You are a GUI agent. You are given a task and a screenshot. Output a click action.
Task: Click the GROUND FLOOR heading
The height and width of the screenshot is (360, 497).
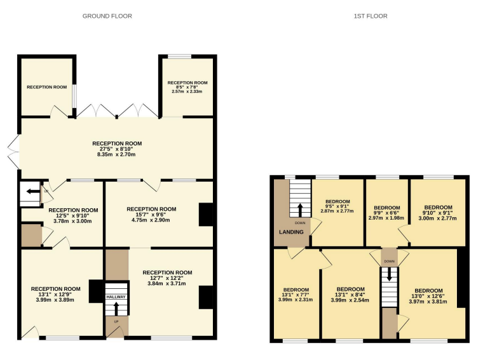107,16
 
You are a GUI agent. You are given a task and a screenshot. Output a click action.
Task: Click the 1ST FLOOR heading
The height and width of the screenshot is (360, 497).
371,16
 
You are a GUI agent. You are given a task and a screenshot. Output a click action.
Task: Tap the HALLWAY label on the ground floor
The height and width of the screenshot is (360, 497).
116,297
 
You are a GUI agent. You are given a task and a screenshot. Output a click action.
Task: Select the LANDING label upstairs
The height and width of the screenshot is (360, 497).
291,232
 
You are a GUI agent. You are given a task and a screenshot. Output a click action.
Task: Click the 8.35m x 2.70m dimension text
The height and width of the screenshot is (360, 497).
116,154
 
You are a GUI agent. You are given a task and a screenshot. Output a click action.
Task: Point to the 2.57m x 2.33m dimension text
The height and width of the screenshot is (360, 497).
187,91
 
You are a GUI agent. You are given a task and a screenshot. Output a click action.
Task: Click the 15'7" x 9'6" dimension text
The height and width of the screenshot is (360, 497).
151,215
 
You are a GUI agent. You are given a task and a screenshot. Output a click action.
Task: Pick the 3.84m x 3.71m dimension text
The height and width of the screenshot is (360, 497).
167,283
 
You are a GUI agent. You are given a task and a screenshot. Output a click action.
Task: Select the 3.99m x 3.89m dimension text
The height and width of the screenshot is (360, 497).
55,300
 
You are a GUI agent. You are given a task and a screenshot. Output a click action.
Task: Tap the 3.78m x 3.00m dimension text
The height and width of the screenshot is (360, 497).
72,221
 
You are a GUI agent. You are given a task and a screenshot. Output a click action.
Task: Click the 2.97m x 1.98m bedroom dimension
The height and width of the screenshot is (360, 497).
386,218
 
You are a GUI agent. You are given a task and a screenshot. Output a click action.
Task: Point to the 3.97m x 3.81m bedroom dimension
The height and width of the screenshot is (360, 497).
428,302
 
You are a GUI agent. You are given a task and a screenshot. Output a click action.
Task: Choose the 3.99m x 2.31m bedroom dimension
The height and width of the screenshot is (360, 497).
296,300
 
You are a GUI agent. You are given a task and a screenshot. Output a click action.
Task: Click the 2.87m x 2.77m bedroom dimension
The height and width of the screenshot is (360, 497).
337,211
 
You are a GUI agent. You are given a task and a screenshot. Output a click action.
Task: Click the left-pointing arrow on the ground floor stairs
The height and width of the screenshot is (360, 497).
31,191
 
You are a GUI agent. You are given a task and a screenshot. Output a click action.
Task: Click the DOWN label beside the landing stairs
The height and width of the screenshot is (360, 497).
300,223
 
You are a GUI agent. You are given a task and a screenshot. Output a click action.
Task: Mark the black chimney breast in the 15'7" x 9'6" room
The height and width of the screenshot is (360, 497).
206,215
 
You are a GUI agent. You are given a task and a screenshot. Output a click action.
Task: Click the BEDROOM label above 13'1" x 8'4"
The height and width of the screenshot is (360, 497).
351,289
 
